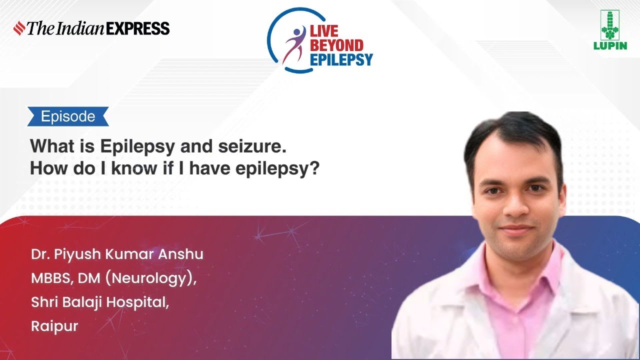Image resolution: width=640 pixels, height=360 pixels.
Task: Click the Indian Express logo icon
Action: [19, 28]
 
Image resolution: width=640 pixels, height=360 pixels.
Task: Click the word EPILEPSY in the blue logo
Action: [342, 60]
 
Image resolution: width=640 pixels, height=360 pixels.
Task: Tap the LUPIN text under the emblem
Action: [609, 46]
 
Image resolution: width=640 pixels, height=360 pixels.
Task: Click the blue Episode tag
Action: [68, 116]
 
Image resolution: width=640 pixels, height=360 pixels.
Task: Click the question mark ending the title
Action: [314, 168]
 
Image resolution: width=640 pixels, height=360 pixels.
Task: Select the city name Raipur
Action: [54, 326]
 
